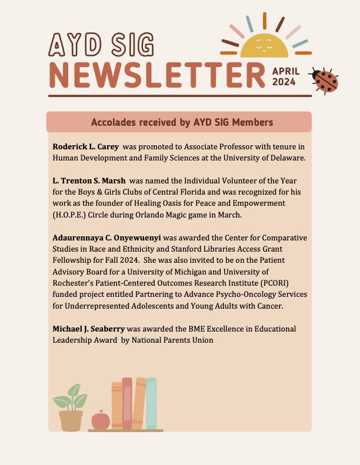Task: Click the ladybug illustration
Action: [x=326, y=81]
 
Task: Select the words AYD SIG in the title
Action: [x=102, y=44]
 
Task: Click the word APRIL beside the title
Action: [x=286, y=71]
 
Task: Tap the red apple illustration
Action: [x=101, y=420]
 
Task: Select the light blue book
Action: [x=152, y=403]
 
